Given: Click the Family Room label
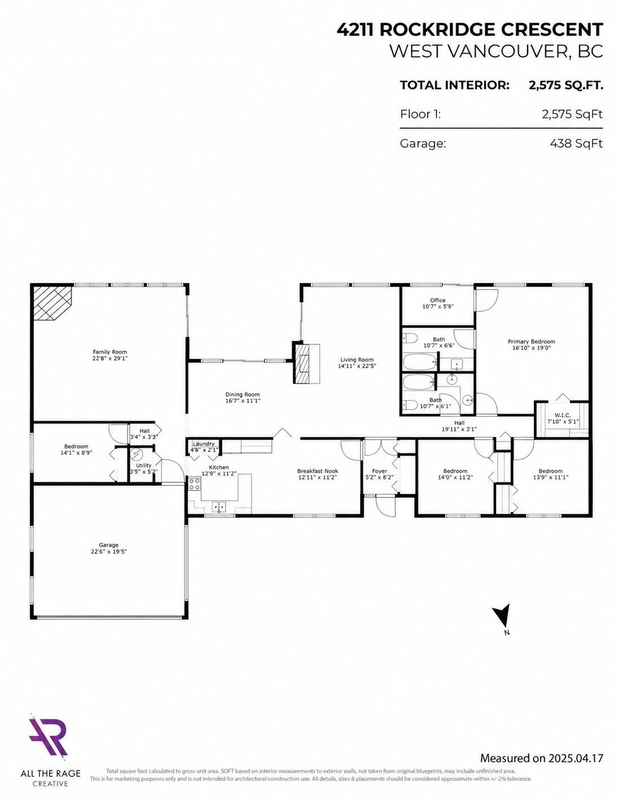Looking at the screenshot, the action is pos(109,352).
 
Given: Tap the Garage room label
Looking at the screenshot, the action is pos(108,545).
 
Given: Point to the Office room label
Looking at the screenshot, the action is pos(438,300).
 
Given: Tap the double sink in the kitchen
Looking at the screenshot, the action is pos(219,507).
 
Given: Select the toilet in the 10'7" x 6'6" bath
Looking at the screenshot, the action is pos(410,338).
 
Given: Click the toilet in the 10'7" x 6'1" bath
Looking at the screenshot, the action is pos(410,405).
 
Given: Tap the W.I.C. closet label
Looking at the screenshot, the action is pos(562,415).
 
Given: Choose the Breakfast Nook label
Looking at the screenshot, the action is pos(318,471).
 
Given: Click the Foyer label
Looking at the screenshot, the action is pos(379,471).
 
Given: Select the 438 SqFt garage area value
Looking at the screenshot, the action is pos(576,143).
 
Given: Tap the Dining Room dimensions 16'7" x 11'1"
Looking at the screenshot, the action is pos(243,401).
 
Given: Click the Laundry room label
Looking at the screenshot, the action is pos(204,444).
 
